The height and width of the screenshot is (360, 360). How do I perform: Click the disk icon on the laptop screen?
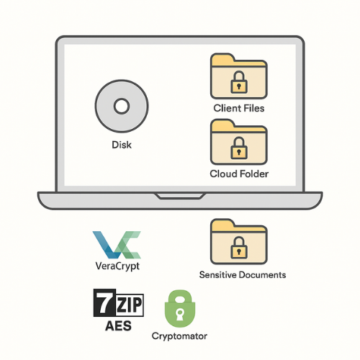(121, 107)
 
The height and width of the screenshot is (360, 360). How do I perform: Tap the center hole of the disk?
(121, 107)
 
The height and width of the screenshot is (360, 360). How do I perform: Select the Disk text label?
(121, 145)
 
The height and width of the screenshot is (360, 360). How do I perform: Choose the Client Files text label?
(238, 108)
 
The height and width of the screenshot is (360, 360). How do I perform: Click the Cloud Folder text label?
(238, 174)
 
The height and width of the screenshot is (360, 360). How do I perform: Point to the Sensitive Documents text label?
(242, 275)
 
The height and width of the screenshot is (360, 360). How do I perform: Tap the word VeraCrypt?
(116, 266)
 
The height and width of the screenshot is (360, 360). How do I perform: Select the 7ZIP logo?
(119, 303)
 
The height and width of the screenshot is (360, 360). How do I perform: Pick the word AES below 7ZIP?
(119, 325)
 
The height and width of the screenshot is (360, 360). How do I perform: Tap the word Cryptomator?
(179, 336)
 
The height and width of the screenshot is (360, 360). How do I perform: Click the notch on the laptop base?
(179, 195)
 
